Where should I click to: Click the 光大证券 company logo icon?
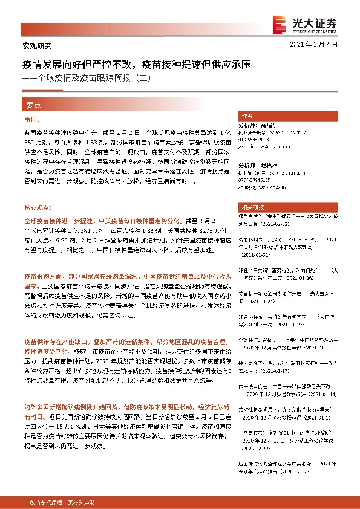coord(279,22)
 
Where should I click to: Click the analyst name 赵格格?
coord(269,164)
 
